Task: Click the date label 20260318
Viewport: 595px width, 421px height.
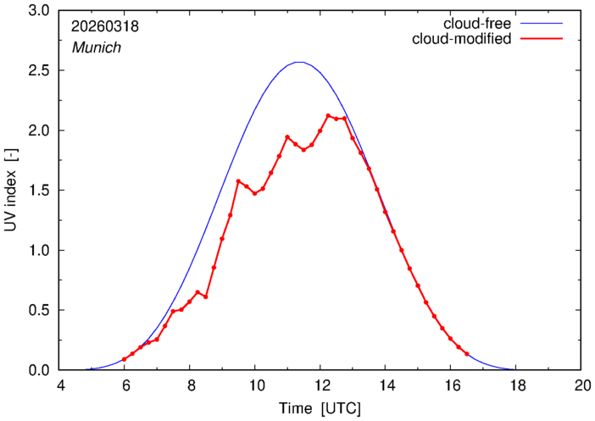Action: (x=105, y=26)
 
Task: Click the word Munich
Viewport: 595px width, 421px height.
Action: (x=97, y=47)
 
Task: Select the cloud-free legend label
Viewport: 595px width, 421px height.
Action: (x=477, y=24)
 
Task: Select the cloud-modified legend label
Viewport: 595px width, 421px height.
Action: (x=462, y=39)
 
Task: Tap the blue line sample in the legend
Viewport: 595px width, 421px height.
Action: (x=542, y=24)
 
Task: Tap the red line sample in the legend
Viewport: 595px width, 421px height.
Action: (x=542, y=39)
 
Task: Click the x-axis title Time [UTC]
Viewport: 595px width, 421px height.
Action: (x=320, y=409)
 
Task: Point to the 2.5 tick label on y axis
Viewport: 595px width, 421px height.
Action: (x=39, y=70)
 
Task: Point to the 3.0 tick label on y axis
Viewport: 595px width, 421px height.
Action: (x=39, y=11)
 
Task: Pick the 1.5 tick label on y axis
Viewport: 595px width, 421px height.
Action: (x=39, y=191)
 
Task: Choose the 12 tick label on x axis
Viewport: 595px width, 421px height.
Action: (x=320, y=385)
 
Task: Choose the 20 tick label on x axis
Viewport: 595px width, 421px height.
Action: (x=581, y=385)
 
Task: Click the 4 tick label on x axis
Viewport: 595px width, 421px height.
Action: (x=60, y=385)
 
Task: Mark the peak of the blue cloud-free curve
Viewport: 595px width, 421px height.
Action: (x=300, y=62)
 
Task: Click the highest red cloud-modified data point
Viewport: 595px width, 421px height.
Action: (x=328, y=116)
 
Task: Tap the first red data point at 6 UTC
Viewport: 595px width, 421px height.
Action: (x=124, y=359)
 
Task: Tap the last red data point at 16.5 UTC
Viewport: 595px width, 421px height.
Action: (x=467, y=354)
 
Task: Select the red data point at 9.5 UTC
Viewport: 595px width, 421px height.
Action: (x=238, y=181)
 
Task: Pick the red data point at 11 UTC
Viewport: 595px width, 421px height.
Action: (x=287, y=137)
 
